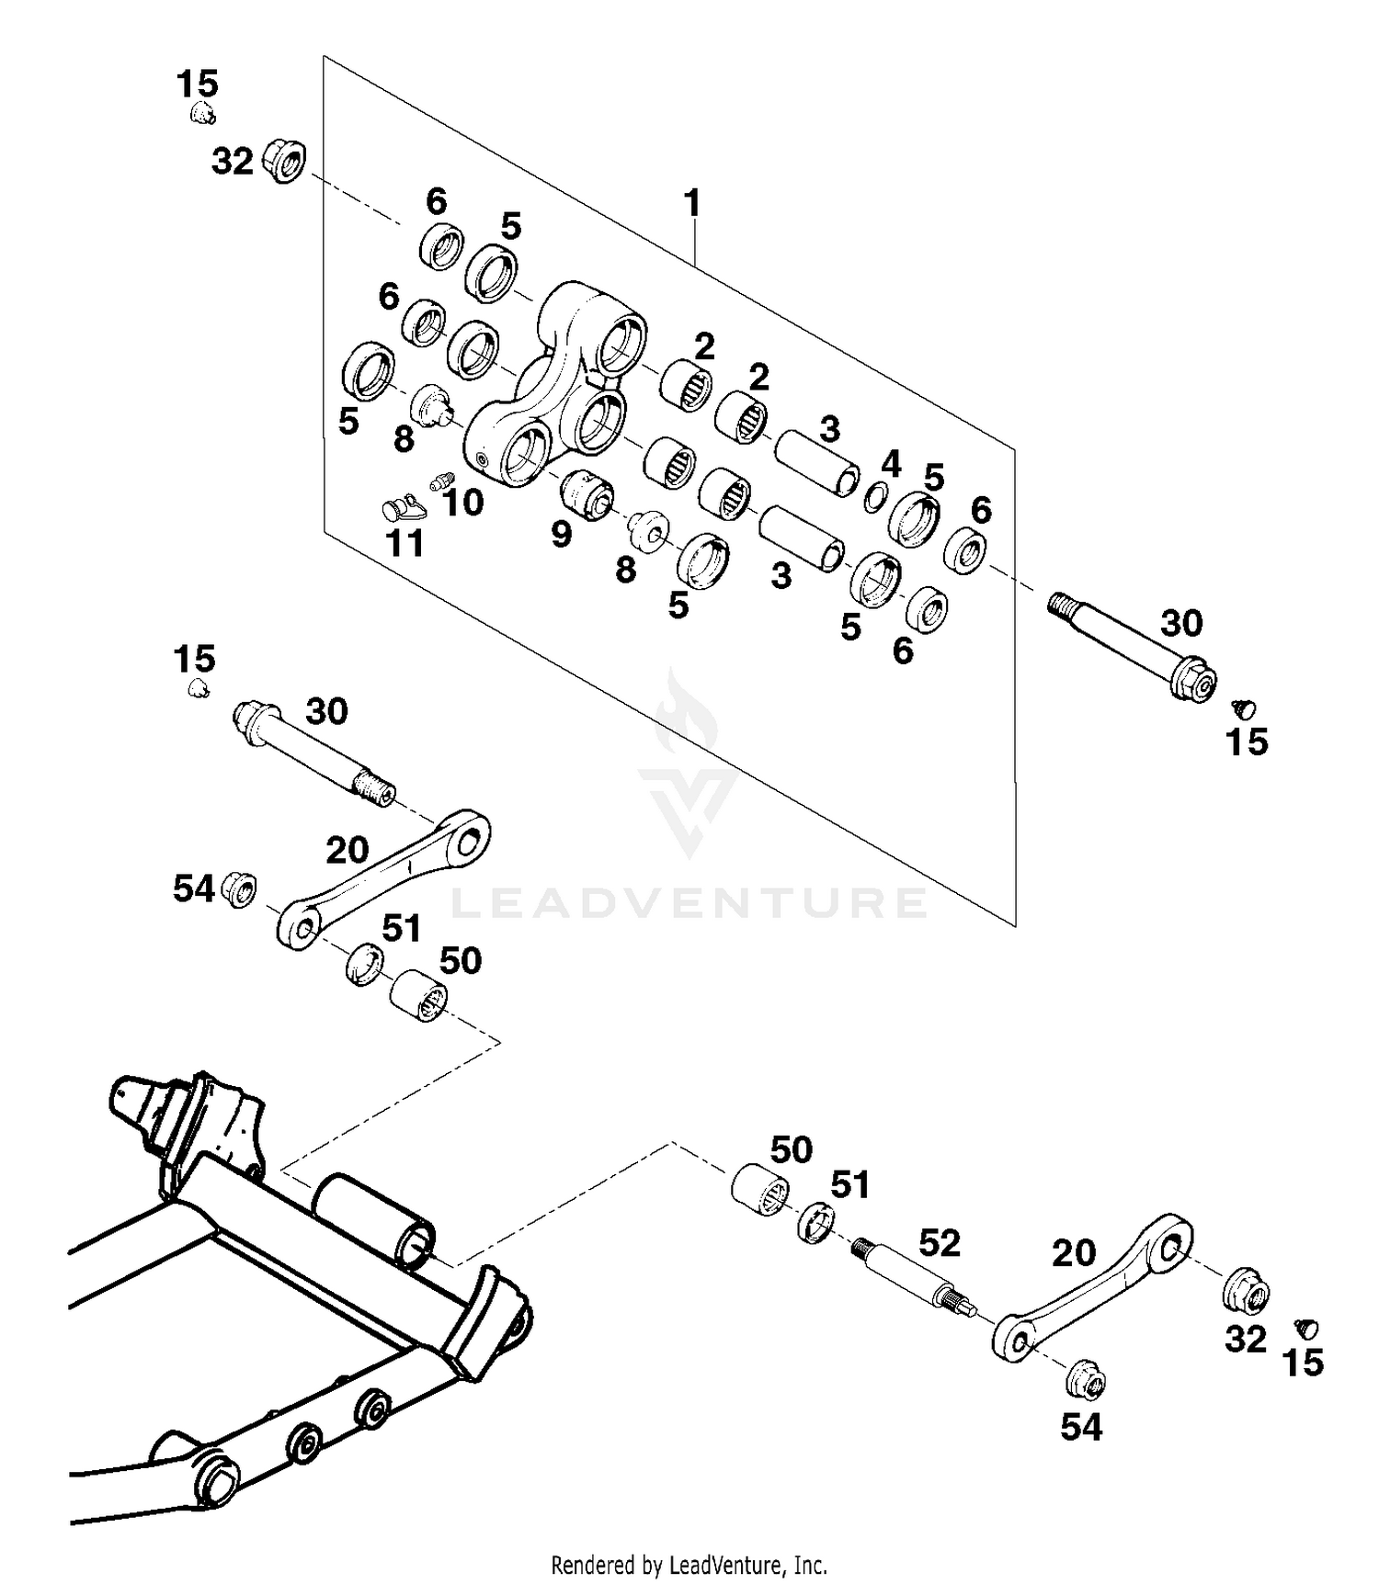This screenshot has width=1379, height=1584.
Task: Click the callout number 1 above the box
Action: (x=692, y=203)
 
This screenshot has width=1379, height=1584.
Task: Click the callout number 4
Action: (x=890, y=464)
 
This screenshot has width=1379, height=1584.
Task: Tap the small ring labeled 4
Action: (x=875, y=497)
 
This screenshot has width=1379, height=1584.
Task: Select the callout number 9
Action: (x=562, y=533)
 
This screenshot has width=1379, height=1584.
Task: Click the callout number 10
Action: (x=462, y=502)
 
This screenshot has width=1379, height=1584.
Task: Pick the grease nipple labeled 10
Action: (x=441, y=481)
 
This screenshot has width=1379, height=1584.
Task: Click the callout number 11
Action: (x=405, y=543)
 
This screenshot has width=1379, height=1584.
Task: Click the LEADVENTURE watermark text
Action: (x=689, y=903)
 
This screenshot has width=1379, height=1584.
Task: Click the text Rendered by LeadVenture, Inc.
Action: (x=689, y=1564)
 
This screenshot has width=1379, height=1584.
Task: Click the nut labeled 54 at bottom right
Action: (x=1085, y=1379)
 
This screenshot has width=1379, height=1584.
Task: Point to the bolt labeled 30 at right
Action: (x=1131, y=643)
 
